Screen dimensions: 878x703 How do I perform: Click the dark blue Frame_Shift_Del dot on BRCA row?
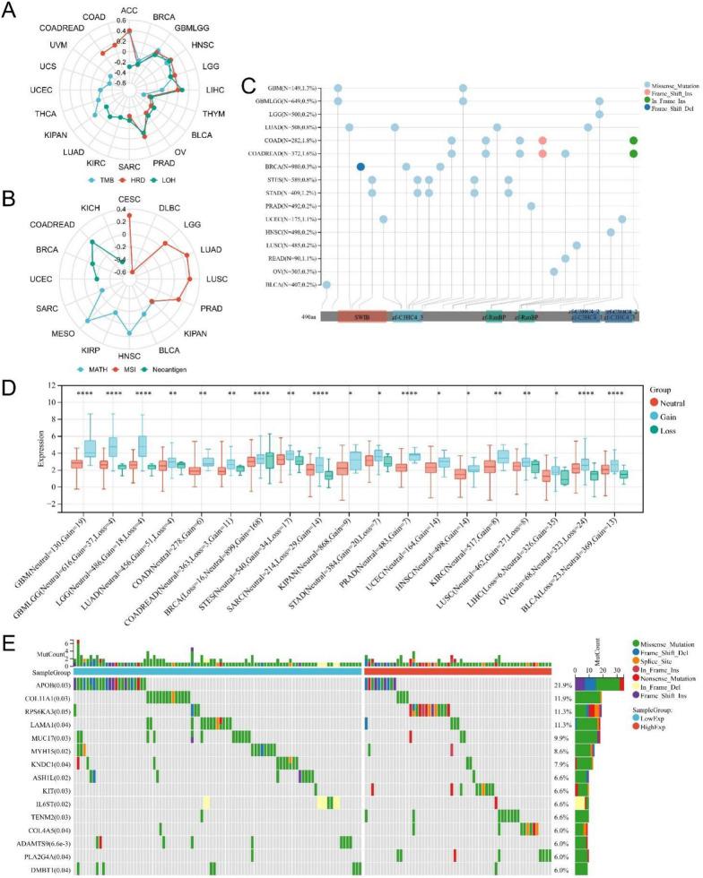point(360,167)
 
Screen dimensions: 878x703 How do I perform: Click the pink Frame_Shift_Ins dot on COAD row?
point(542,141)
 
